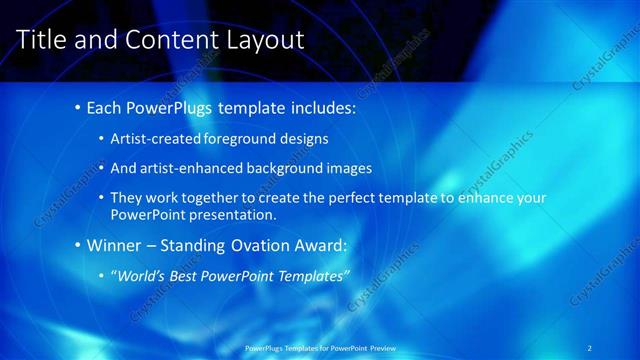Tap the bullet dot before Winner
pyautogui.click(x=78, y=245)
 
